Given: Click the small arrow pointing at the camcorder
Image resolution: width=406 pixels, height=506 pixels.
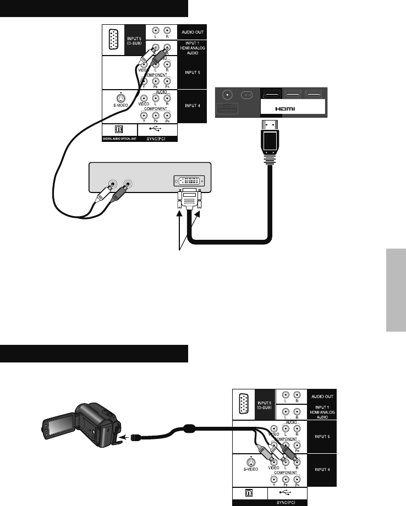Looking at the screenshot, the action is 125,438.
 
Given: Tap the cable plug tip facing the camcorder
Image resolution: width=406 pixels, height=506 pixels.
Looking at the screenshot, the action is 138,437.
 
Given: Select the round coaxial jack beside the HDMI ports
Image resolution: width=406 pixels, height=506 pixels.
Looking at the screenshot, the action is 226,94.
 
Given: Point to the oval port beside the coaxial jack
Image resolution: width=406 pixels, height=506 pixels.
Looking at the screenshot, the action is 247,94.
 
